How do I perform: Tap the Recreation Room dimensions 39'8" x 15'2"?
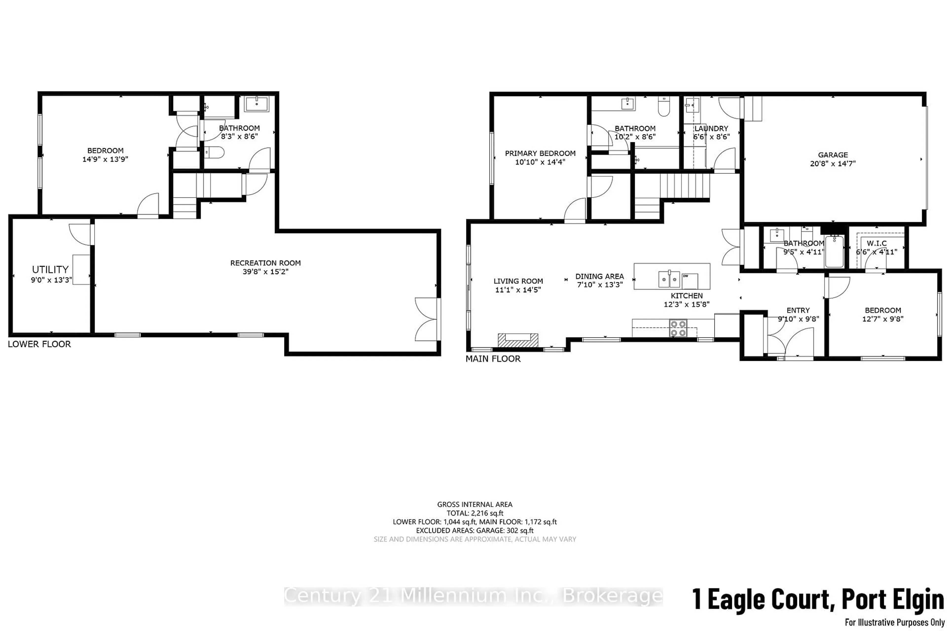[265, 272]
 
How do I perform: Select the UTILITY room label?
[50, 269]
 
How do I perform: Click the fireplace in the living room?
[518, 340]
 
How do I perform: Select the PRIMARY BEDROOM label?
[540, 153]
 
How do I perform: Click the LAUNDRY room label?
[711, 128]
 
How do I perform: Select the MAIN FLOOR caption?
[493, 359]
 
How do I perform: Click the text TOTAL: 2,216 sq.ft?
[475, 513]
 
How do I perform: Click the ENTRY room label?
[798, 310]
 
